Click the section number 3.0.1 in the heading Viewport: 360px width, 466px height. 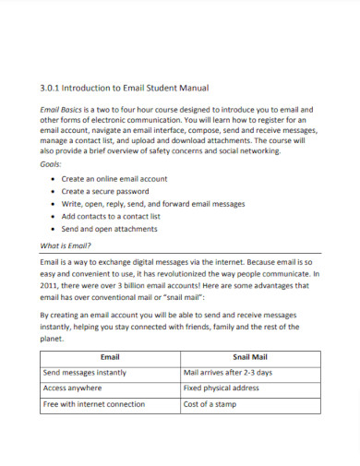[50, 88]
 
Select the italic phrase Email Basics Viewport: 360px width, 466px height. [63, 108]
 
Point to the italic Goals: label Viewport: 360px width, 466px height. [52, 163]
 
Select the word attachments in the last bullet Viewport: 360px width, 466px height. [134, 229]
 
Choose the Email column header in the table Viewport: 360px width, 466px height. [110, 356]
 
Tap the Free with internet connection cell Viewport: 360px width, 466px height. [94, 404]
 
